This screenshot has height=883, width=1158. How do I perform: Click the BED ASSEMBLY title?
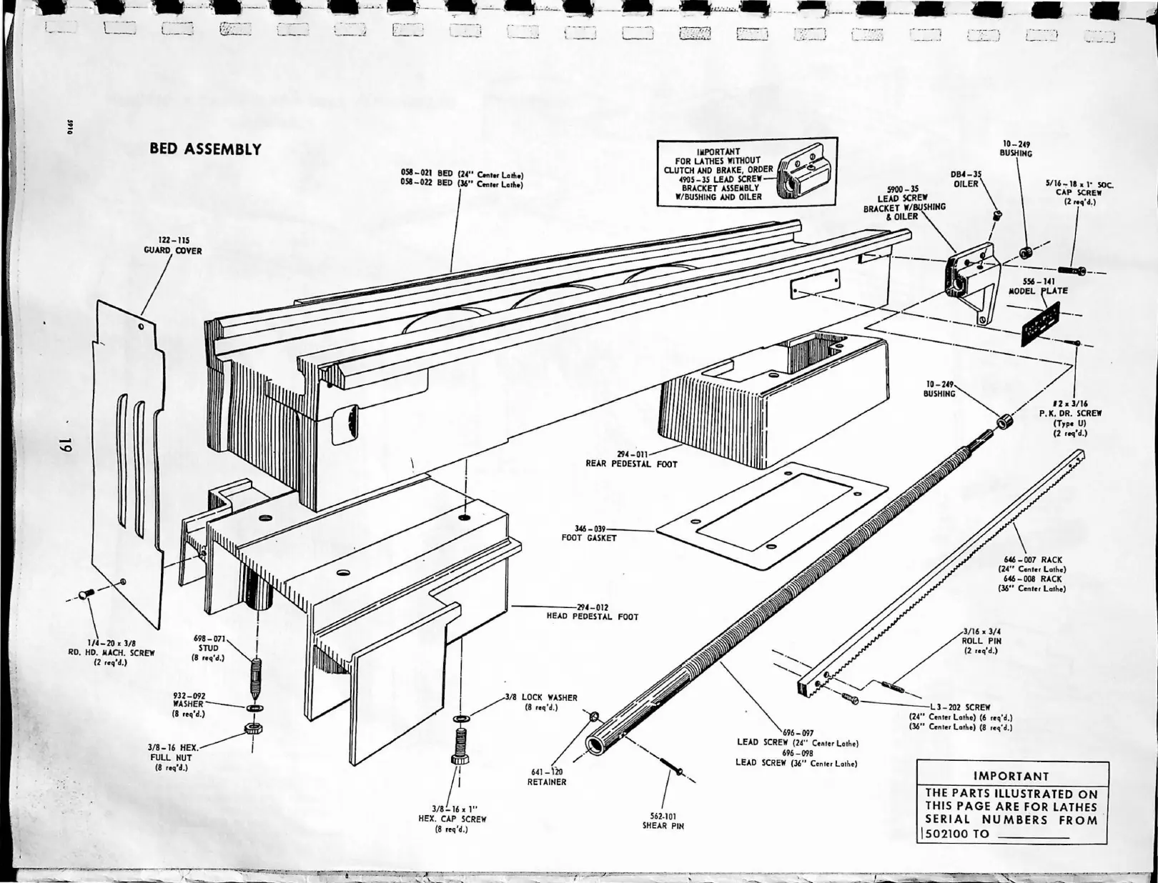point(205,149)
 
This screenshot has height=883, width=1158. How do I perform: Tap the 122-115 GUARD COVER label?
point(172,246)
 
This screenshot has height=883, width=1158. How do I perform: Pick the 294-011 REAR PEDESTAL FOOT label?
point(631,459)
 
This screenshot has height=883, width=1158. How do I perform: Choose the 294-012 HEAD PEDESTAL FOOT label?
point(592,612)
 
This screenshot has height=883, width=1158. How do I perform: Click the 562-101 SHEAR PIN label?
point(663,821)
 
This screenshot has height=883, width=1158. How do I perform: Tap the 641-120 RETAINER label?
point(548,777)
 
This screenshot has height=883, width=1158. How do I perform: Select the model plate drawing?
point(1040,321)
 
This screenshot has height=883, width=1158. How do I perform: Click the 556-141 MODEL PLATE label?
point(1038,286)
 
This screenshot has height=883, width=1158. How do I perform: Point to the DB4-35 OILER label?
point(966,179)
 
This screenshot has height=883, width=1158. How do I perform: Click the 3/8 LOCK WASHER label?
point(540,702)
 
